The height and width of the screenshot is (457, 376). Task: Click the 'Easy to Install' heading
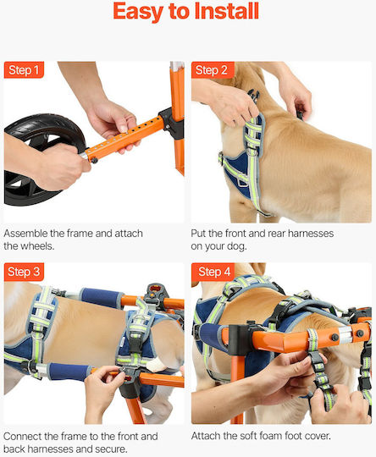[x=185, y=12]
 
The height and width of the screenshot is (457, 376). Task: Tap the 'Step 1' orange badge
[x=24, y=70]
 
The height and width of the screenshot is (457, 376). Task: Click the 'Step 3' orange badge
[x=24, y=272]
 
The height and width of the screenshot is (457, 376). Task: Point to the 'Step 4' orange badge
[x=213, y=272]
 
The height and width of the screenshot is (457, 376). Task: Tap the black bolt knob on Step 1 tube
[x=94, y=160]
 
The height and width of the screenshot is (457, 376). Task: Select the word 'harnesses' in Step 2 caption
[x=311, y=234]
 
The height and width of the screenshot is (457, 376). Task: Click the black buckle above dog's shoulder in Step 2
[x=253, y=96]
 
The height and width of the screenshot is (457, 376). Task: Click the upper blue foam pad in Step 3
[x=102, y=298]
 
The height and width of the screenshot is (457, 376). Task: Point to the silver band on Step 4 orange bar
[x=345, y=335]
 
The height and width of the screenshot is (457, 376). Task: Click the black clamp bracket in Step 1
[x=172, y=124]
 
